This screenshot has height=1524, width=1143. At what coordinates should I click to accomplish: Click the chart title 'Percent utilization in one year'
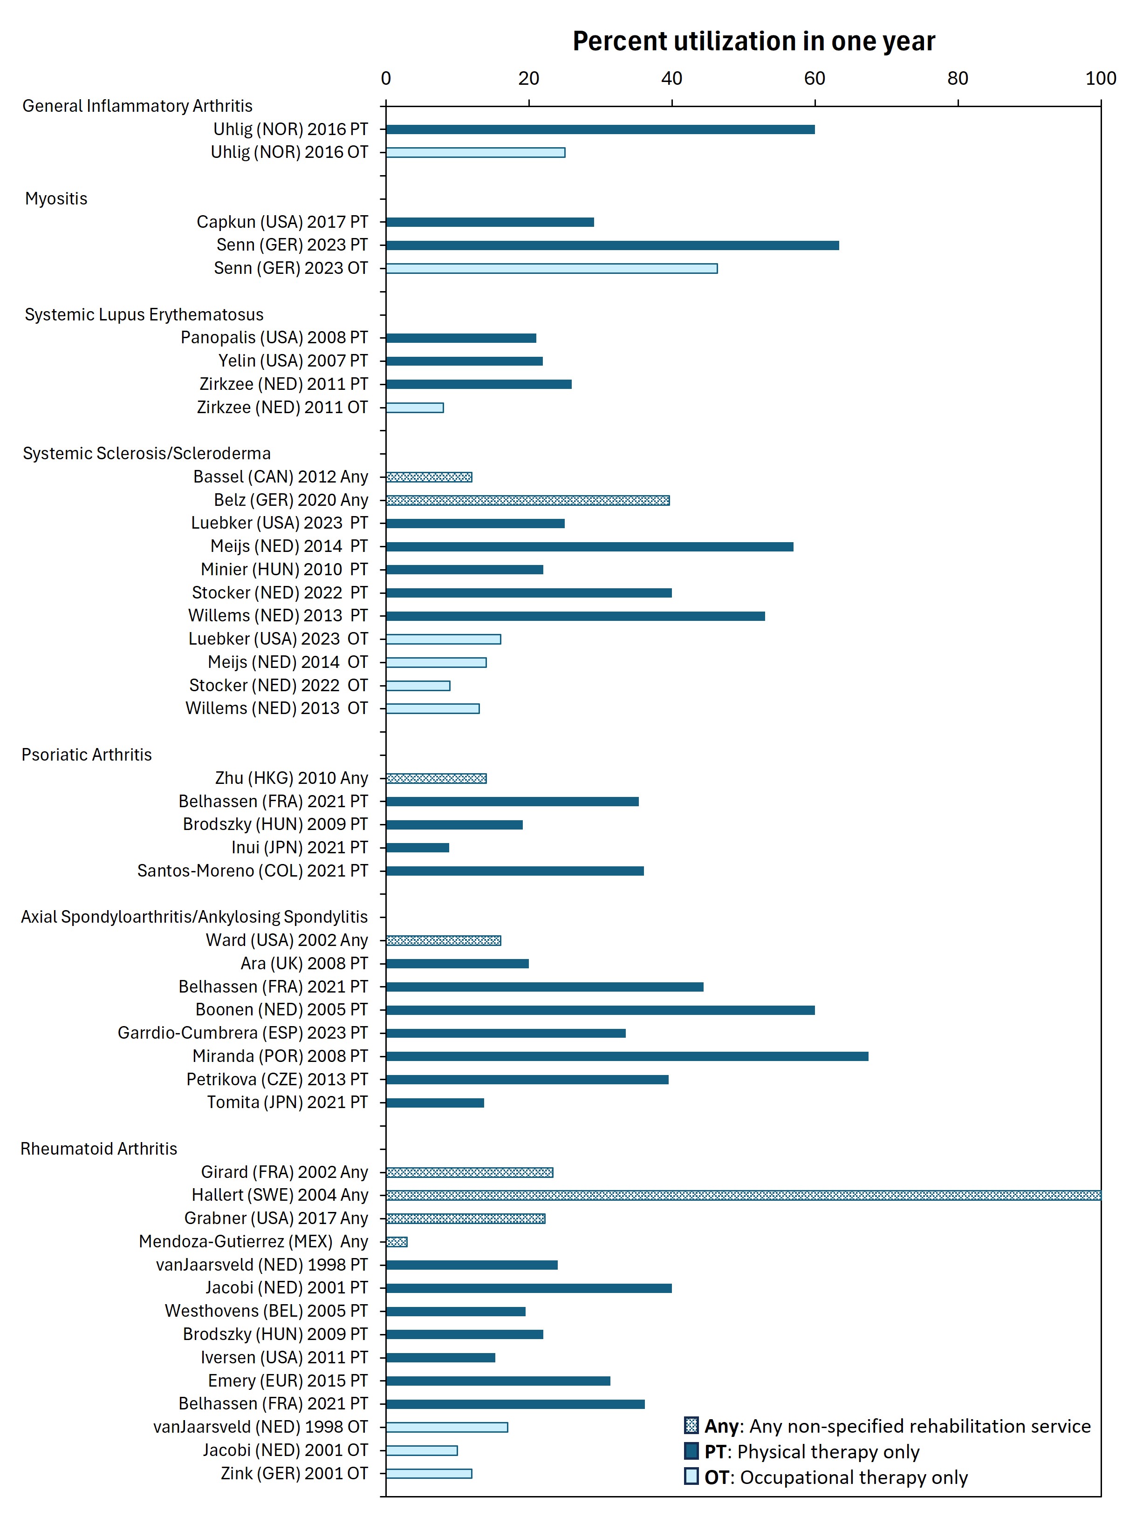click(x=753, y=41)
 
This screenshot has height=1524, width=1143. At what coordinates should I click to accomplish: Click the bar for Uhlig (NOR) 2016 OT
click(x=475, y=152)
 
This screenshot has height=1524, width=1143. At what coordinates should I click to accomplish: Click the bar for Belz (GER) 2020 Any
click(x=527, y=500)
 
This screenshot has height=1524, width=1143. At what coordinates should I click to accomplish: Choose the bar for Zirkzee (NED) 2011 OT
click(x=414, y=407)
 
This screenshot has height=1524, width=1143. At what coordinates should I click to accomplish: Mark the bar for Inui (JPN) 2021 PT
click(x=417, y=847)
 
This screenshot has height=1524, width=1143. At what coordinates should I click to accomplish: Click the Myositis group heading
click(x=56, y=198)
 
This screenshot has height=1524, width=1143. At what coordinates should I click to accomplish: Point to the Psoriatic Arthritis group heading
click(x=86, y=755)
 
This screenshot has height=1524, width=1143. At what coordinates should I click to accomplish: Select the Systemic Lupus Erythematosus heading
click(x=144, y=314)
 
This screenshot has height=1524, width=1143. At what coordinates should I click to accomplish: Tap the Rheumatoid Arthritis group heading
click(x=99, y=1149)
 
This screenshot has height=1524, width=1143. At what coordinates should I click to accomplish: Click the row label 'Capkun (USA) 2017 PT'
click(x=282, y=222)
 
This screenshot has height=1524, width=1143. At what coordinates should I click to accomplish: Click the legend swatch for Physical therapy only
click(x=691, y=1451)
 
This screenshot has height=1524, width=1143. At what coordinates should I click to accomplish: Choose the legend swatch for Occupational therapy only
click(x=691, y=1476)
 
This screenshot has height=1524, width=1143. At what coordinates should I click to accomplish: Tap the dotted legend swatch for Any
click(x=691, y=1425)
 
